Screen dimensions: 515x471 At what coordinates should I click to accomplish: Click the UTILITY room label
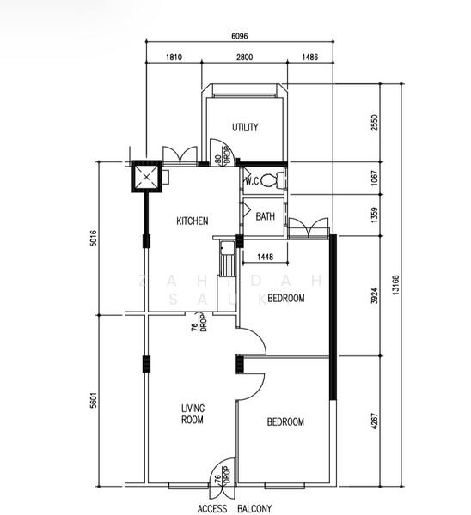245,128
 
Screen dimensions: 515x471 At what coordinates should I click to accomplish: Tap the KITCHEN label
192,221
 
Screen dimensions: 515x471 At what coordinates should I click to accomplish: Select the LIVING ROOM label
192,414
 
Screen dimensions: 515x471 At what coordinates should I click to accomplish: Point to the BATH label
266,217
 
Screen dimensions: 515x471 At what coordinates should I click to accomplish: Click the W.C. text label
253,181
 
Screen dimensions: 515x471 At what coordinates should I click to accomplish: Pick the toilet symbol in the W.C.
272,180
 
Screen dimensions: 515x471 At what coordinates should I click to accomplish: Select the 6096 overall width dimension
242,36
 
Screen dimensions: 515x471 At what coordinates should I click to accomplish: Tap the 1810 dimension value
174,58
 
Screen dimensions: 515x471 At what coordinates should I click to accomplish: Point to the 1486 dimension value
310,58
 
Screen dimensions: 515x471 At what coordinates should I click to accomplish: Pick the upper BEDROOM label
285,298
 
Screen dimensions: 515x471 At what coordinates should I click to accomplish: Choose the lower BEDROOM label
285,421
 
